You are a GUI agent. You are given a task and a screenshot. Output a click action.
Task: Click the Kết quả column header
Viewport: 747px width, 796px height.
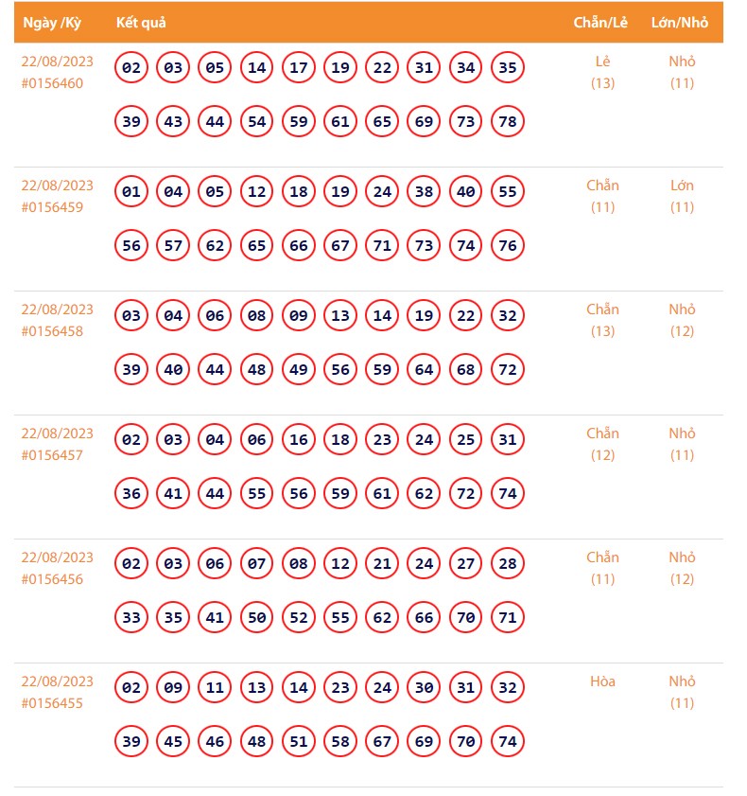coord(141,23)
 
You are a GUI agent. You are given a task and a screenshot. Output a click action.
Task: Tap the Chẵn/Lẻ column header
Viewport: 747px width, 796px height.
coord(602,23)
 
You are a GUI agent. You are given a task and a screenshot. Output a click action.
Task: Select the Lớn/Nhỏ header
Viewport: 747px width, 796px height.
coord(680,23)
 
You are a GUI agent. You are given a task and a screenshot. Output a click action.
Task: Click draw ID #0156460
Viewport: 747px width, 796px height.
coord(52,83)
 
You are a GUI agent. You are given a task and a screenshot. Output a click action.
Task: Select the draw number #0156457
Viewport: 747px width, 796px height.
coord(52,455)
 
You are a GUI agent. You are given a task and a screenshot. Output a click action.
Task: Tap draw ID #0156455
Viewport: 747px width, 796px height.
coord(52,703)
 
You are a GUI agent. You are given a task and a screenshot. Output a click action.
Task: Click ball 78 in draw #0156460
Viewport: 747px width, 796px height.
coord(508,122)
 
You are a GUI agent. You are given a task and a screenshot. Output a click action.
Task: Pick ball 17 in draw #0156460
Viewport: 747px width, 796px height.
coord(299,68)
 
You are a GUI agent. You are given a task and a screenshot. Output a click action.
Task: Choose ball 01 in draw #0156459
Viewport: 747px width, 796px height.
coord(131,192)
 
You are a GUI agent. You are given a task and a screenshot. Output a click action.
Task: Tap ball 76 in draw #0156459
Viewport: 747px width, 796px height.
coord(508,246)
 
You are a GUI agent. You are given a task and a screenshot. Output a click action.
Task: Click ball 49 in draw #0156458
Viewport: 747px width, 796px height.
coord(299,370)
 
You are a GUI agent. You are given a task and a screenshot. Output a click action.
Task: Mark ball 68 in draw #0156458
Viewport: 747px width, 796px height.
coord(465,370)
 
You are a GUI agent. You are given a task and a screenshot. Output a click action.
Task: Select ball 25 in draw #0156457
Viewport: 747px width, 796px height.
coord(465,440)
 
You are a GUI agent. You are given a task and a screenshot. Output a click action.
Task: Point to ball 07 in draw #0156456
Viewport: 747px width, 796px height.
coord(256,564)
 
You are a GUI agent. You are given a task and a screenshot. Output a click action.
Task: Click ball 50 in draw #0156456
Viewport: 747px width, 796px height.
coord(256,618)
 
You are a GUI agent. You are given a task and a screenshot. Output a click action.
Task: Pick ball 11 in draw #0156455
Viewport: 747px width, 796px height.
coord(215,688)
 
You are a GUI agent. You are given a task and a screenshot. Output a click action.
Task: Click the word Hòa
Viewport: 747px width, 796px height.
coord(602,681)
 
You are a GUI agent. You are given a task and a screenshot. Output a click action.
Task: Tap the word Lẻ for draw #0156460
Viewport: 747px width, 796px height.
coord(602,62)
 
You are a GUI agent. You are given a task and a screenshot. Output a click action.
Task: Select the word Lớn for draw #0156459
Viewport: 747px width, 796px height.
coord(682,186)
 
